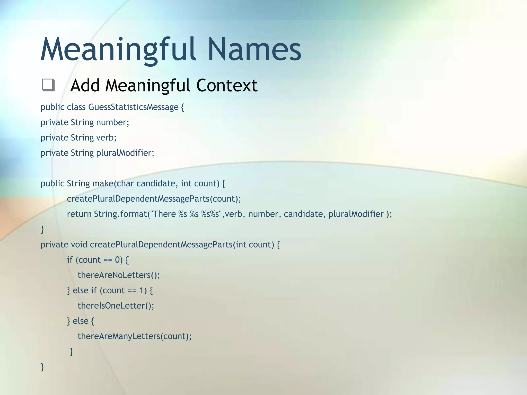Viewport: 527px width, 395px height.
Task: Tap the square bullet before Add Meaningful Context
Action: coord(48,85)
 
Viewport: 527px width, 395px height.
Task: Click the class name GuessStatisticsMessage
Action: coord(133,107)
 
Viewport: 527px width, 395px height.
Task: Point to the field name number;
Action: coord(112,122)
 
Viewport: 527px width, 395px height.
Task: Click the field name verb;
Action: coord(106,138)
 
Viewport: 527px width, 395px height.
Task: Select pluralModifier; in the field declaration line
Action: coord(125,153)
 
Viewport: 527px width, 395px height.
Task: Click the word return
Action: coord(79,214)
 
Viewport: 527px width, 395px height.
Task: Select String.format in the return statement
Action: coord(120,214)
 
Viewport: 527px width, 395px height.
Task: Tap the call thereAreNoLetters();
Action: coord(119,275)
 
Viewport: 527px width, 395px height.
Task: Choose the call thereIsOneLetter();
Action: coord(116,306)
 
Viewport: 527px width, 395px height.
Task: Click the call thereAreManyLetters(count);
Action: coord(135,336)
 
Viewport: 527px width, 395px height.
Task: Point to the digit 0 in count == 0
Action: coord(117,260)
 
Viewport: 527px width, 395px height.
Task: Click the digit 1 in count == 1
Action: coord(142,290)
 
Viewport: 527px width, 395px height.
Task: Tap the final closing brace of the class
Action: coord(42,367)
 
